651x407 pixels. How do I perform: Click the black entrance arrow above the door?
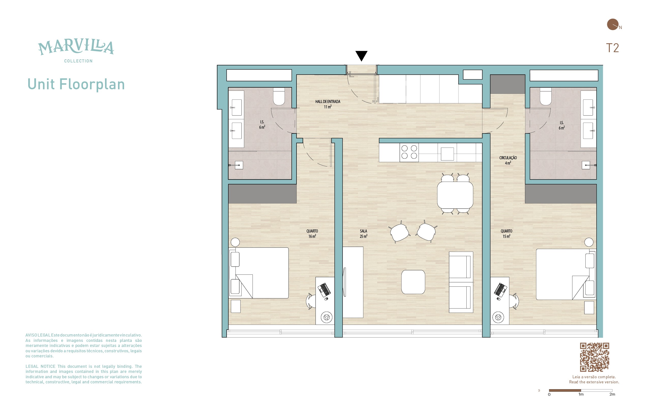361,55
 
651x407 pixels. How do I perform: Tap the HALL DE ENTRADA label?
328,101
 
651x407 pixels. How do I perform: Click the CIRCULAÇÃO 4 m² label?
508,160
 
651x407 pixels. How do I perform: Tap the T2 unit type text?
612,48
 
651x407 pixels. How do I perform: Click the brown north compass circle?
613,24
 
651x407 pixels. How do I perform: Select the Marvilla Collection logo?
76,51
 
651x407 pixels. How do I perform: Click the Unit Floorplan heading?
76,84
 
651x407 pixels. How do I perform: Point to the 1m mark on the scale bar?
581,394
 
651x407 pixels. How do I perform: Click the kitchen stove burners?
409,152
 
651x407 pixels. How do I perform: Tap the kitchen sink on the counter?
447,154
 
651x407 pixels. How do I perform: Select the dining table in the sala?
455,195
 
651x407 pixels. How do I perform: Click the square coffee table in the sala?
413,282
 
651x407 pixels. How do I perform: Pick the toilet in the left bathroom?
279,96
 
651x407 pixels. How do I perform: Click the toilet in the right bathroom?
545,96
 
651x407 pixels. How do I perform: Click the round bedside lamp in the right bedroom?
589,242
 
